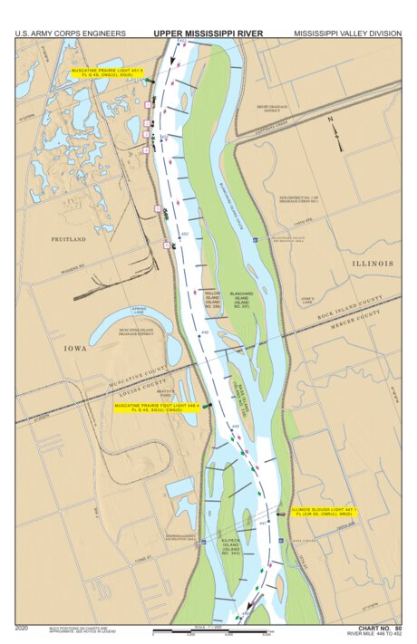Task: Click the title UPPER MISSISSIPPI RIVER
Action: click(208, 34)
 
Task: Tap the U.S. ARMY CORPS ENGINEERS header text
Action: click(70, 34)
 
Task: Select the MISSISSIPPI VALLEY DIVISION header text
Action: click(346, 34)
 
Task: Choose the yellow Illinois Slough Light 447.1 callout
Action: click(324, 513)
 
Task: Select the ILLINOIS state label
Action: click(372, 264)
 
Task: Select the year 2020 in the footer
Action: click(23, 628)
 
